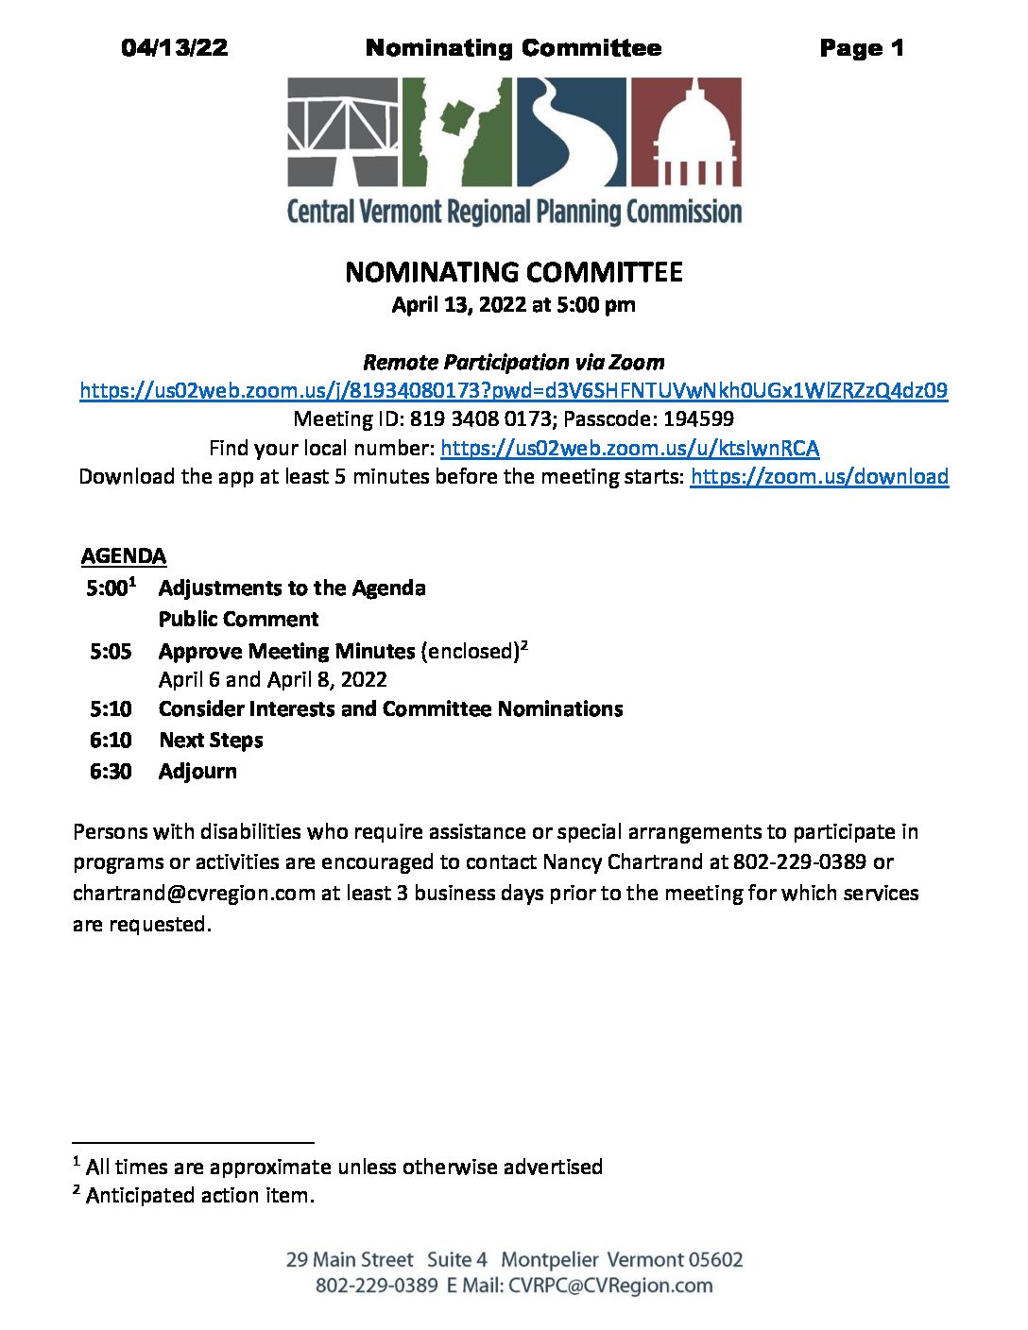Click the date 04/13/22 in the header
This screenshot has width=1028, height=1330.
(x=175, y=48)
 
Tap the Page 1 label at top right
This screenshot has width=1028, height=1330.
(x=862, y=48)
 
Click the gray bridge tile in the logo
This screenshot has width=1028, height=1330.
(x=343, y=131)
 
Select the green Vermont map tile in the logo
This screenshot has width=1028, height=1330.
(x=456, y=131)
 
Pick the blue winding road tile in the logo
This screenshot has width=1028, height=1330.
(x=571, y=131)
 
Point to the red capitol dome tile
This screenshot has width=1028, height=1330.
(x=685, y=131)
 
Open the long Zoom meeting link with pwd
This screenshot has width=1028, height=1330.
(x=513, y=391)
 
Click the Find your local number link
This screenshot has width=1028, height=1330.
(x=629, y=448)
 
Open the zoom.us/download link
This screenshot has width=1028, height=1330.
(x=819, y=476)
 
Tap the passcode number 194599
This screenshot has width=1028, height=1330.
(x=698, y=419)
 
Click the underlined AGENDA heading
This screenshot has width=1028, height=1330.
(x=124, y=555)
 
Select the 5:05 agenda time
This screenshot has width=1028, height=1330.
(x=111, y=651)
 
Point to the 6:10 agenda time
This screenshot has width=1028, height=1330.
(x=111, y=740)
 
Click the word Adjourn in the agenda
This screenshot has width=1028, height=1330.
(x=197, y=771)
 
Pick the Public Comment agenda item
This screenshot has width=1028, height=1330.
(x=238, y=619)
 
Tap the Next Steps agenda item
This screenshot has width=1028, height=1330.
(x=211, y=740)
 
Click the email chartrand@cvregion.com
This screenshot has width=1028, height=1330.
(x=194, y=893)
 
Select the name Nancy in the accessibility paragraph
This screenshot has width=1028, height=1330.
(x=573, y=861)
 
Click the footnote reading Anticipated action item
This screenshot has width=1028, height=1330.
(x=199, y=1195)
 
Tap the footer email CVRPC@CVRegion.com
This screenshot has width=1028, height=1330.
(x=610, y=1286)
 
